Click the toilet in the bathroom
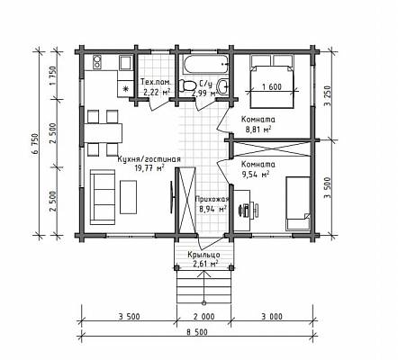click(x=186, y=85)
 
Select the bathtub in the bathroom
click(x=205, y=65)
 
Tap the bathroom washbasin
click(x=223, y=86)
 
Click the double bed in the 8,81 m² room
click(x=272, y=82)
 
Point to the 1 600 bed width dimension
click(x=272, y=87)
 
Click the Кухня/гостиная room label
click(x=149, y=159)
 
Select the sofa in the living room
click(x=103, y=197)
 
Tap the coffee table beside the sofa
click(x=129, y=197)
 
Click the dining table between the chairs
click(x=103, y=133)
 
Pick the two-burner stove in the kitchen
click(x=97, y=62)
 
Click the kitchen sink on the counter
click(x=125, y=63)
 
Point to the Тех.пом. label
click(x=156, y=82)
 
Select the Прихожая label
click(x=212, y=199)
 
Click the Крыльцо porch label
click(x=204, y=255)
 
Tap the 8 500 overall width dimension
click(x=197, y=332)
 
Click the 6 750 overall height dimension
click(x=36, y=143)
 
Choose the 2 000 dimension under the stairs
click(x=204, y=317)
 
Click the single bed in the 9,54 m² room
click(x=298, y=203)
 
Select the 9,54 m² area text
click(x=255, y=174)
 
